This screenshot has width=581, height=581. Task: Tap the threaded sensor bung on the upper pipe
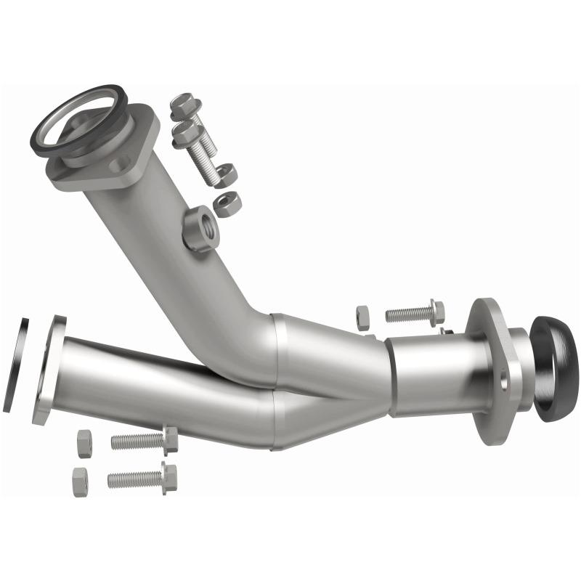pyautogui.click(x=200, y=227)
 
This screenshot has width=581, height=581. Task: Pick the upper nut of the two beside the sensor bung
pyautogui.click(x=226, y=174)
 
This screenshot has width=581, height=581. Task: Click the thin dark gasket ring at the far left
pyautogui.click(x=16, y=364)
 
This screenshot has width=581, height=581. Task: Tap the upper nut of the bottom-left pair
pyautogui.click(x=84, y=443)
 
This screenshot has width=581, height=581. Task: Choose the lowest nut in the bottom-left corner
pyautogui.click(x=80, y=482)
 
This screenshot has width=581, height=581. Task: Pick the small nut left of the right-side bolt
pyautogui.click(x=362, y=317)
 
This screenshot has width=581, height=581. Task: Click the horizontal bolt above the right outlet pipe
pyautogui.click(x=415, y=313)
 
